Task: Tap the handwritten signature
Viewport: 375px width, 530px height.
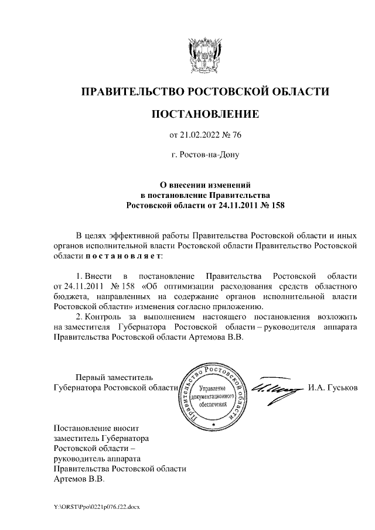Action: coord(274,388)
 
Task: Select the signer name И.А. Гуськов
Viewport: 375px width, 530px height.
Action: coord(335,388)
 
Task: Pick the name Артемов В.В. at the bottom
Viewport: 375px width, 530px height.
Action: coord(79,479)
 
